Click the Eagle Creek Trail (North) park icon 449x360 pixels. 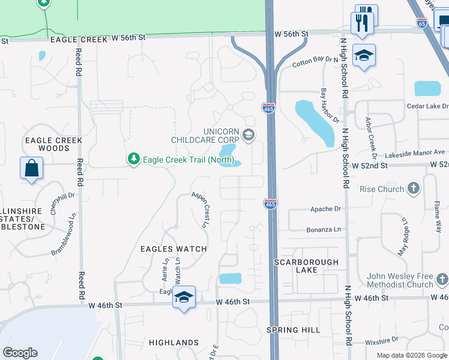133,159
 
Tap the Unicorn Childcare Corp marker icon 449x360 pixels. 249,135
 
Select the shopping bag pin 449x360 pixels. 31,168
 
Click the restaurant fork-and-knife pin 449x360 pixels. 362,23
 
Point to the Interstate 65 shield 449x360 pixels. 422,23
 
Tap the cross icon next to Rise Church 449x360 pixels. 413,190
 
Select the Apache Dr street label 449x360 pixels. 325,209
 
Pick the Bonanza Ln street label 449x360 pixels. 325,229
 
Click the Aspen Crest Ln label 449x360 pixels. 200,210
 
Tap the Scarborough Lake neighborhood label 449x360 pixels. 307,266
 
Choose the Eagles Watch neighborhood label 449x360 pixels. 173,248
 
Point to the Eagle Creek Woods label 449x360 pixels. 53,144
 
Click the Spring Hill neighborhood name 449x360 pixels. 294,330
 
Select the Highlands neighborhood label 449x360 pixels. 173,342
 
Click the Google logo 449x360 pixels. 20,352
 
